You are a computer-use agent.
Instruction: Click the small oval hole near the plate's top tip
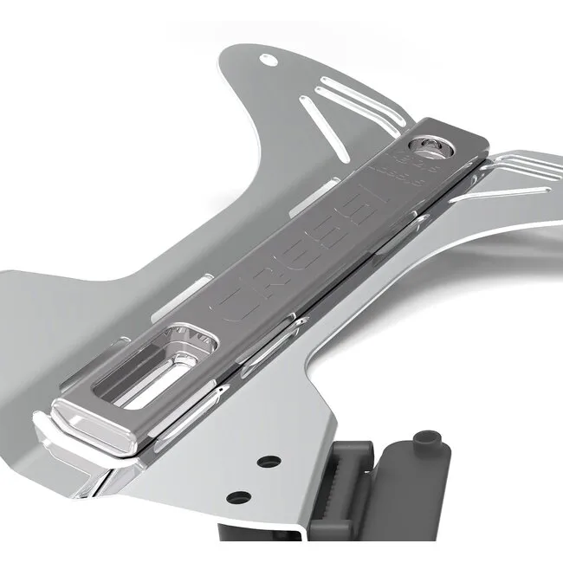click(268, 59)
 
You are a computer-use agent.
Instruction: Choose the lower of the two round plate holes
click(237, 498)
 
